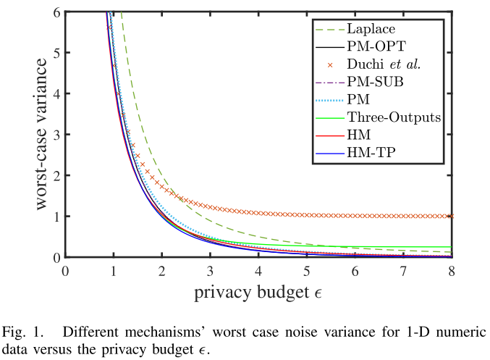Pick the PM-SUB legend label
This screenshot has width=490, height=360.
pyautogui.click(x=375, y=82)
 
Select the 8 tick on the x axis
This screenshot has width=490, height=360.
pyautogui.click(x=452, y=271)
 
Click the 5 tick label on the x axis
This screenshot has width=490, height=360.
pyautogui.click(x=307, y=271)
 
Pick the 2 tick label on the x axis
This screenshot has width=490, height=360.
pyautogui.click(x=161, y=271)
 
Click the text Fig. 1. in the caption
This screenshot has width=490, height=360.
pyautogui.click(x=22, y=333)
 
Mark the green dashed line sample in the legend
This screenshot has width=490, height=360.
pyautogui.click(x=328, y=29)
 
